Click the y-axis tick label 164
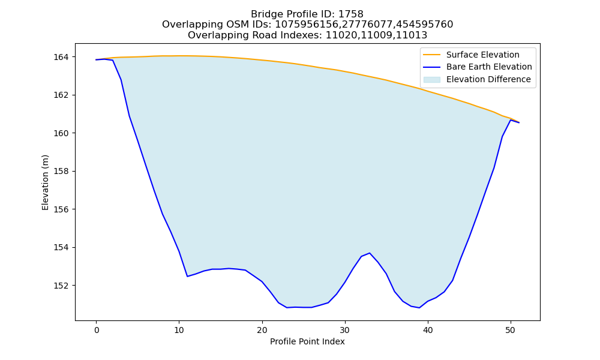pyautogui.click(x=61, y=57)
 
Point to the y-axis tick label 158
pyautogui.click(x=61, y=172)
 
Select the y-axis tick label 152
pyautogui.click(x=61, y=286)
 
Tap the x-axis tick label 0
pyautogui.click(x=96, y=331)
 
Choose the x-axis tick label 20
pyautogui.click(x=262, y=331)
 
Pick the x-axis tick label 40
pyautogui.click(x=428, y=331)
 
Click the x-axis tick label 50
pyautogui.click(x=511, y=331)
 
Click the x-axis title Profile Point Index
pyautogui.click(x=307, y=341)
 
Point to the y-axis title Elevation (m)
pyautogui.click(x=45, y=182)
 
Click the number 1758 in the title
pyautogui.click(x=350, y=14)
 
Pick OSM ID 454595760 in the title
pyautogui.click(x=425, y=25)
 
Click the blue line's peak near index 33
pyautogui.click(x=370, y=253)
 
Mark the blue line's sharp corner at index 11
pyautogui.click(x=187, y=276)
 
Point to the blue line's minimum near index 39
pyautogui.click(x=419, y=308)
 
